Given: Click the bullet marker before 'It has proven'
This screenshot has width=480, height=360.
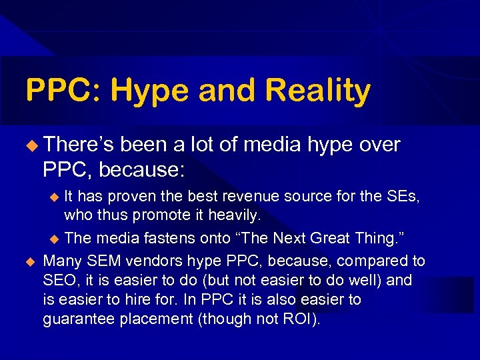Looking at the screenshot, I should (56, 196).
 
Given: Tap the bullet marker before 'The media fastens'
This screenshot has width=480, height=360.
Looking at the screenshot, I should (56, 239).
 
